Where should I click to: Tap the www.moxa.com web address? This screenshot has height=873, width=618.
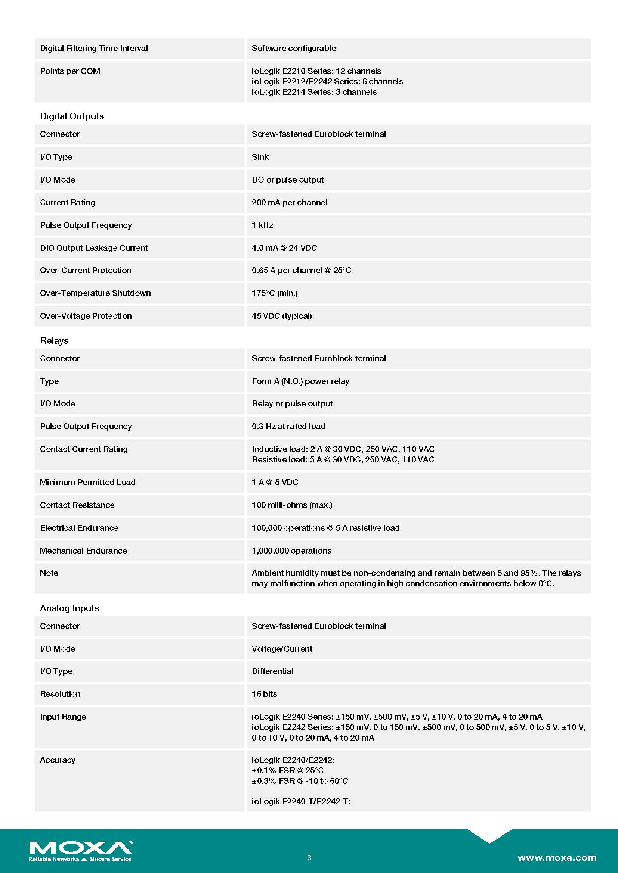[x=556, y=857]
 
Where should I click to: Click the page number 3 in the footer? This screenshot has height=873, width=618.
[x=309, y=857]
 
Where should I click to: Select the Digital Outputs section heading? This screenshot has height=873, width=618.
[x=72, y=116]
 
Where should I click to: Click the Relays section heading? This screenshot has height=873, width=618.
[x=54, y=341]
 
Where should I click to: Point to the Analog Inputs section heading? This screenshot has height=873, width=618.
[x=69, y=608]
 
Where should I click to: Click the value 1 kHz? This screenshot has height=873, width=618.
[x=262, y=225]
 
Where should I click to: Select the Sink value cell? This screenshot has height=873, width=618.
[x=260, y=157]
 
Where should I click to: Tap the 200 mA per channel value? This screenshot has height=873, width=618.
[x=289, y=203]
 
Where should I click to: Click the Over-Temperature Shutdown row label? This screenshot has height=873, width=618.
[x=95, y=293]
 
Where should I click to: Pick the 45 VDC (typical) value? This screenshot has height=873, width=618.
[x=282, y=316]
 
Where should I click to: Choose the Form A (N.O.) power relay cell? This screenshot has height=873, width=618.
[x=300, y=381]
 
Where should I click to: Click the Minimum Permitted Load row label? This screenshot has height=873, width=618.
[x=87, y=483]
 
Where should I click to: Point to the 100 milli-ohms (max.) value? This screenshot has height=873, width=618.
[x=292, y=505]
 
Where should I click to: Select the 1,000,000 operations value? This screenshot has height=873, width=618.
[x=291, y=551]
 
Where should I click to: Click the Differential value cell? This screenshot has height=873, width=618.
[x=272, y=671]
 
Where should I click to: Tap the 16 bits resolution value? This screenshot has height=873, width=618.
[x=265, y=694]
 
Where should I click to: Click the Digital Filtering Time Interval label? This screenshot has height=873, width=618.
[x=94, y=49]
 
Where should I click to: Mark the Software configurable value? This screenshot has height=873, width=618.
[x=294, y=49]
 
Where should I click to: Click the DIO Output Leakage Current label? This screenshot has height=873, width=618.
[x=94, y=248]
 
